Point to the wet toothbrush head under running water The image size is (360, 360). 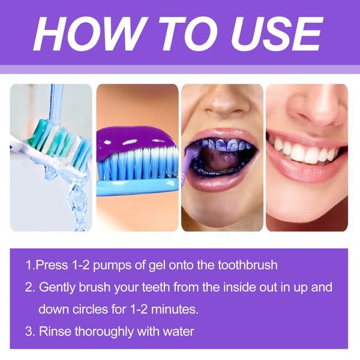(x=57, y=144)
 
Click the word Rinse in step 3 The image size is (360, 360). (x=55, y=331)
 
